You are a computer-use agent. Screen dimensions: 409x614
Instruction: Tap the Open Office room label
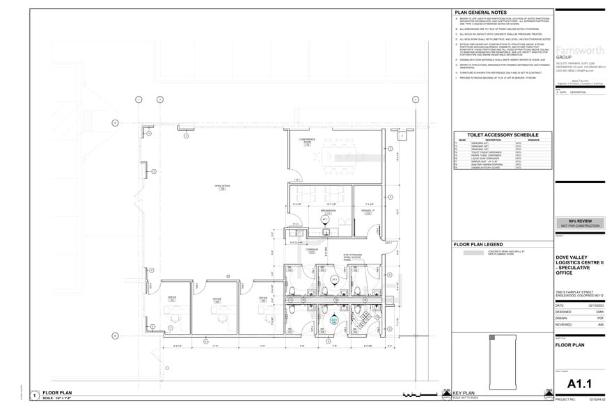(223, 187)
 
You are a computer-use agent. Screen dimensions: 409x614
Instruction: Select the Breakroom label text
(324, 210)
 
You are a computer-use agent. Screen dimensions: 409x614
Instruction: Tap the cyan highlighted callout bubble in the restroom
(334, 321)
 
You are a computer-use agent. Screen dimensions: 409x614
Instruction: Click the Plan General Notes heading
(480, 13)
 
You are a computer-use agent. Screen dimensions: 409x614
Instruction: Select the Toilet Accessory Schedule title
(502, 134)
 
